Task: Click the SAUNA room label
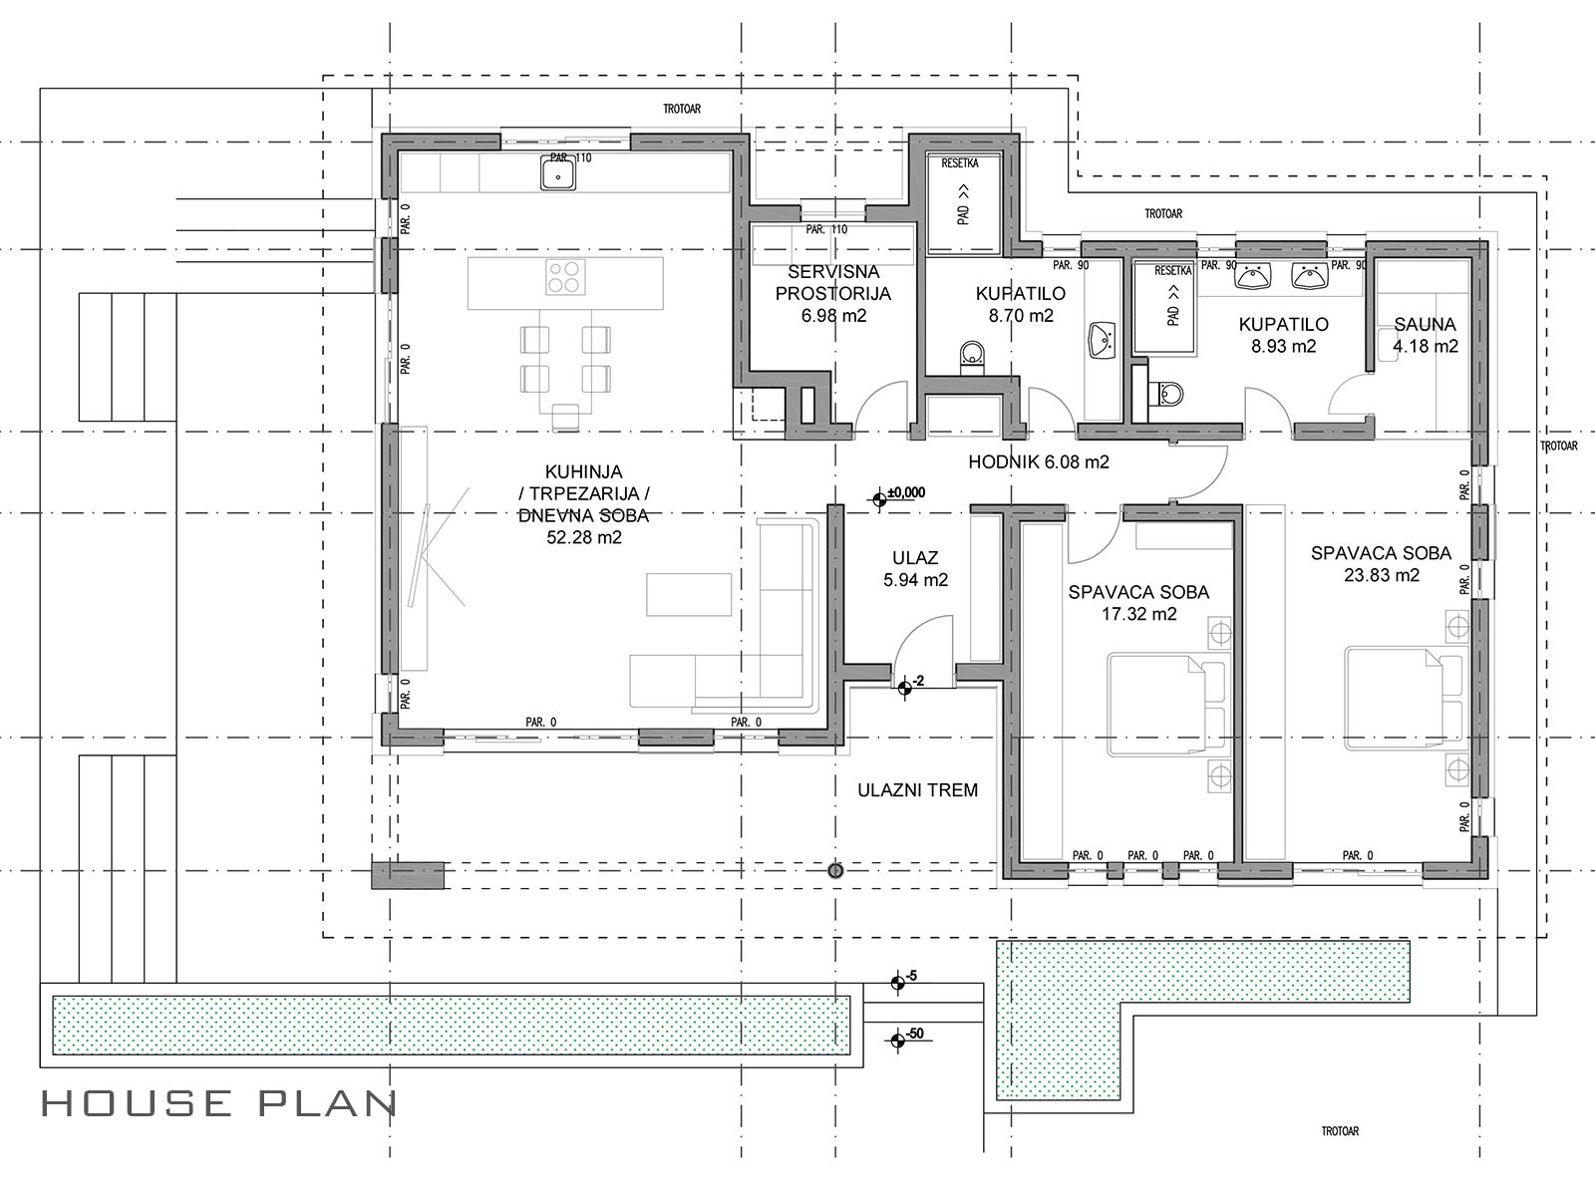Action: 1425,324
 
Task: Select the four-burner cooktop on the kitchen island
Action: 565,277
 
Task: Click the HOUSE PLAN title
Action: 219,1103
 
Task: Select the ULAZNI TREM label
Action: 917,790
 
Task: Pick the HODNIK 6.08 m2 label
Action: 1039,461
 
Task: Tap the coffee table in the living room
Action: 689,595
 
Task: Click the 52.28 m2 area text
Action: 584,537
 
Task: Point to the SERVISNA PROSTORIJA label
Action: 833,282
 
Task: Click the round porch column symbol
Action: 835,870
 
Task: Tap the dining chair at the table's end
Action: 565,417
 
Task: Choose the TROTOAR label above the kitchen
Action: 682,109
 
